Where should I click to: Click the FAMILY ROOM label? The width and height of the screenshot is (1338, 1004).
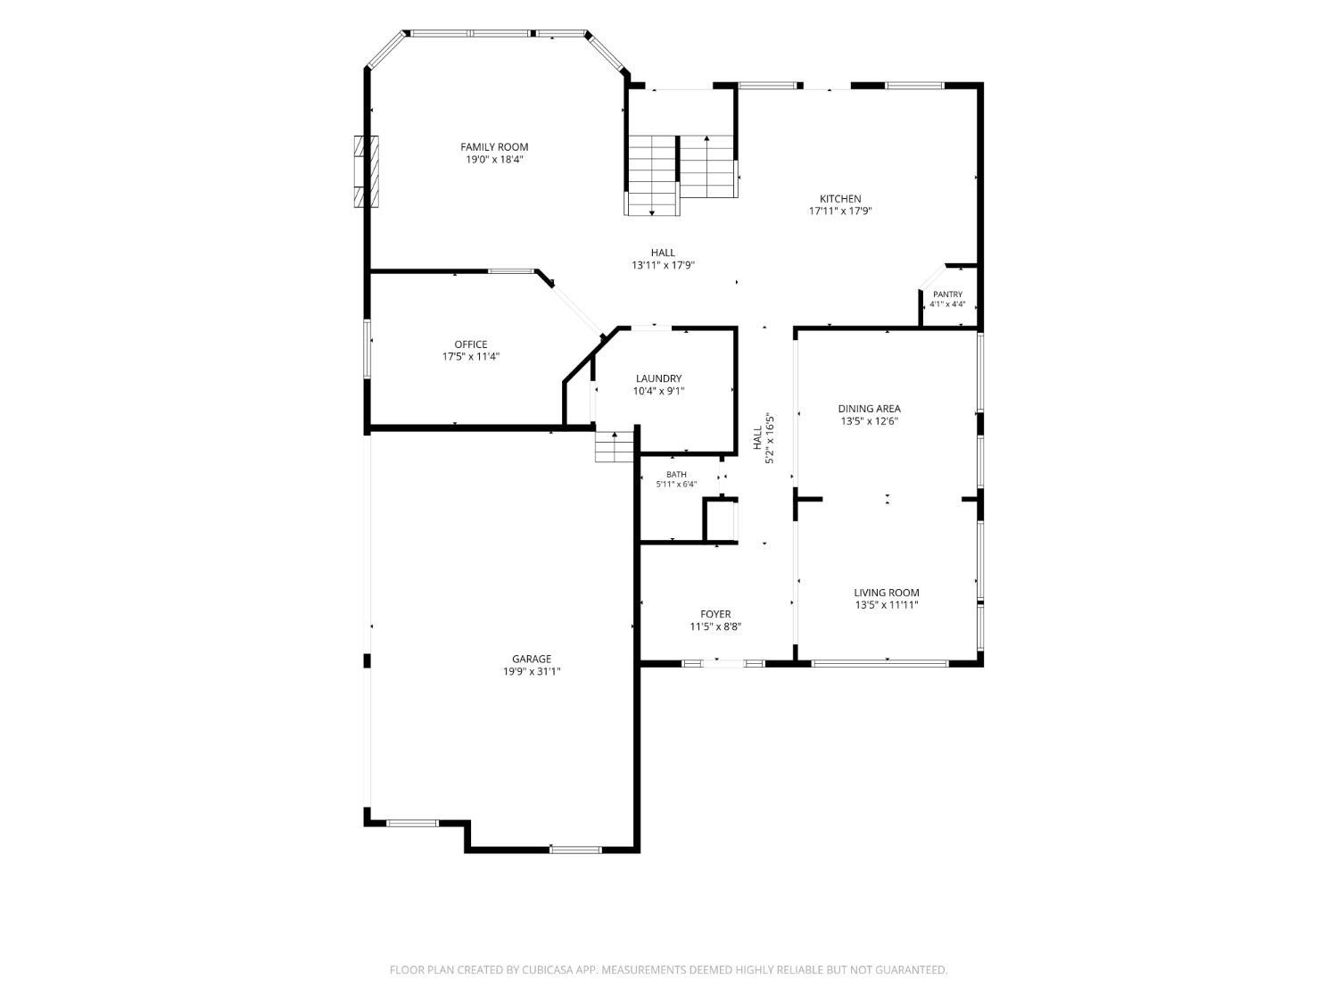point(494,147)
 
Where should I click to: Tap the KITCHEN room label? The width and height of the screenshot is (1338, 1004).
point(840,199)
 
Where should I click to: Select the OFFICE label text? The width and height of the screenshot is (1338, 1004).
point(471,344)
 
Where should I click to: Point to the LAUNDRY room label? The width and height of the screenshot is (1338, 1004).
point(658,378)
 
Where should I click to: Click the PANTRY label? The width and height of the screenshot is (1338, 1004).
point(947,295)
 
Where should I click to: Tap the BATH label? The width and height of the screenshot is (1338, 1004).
point(676,474)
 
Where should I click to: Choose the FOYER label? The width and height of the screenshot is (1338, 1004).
point(715,614)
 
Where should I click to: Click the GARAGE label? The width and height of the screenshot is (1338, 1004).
point(532,659)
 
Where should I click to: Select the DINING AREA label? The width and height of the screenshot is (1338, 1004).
point(869,409)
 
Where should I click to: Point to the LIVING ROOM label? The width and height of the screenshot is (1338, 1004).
point(887,592)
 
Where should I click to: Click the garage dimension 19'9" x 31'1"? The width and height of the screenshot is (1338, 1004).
point(532,671)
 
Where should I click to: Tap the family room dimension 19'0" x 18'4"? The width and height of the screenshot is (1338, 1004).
point(494,160)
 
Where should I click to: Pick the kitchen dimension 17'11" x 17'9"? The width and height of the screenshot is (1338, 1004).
point(840,212)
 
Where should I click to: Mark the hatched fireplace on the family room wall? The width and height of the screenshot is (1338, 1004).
point(366,171)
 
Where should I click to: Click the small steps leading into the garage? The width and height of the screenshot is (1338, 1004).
point(615,447)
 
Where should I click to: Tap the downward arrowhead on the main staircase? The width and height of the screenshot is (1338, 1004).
point(652,212)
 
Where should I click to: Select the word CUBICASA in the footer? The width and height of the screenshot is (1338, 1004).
point(547,969)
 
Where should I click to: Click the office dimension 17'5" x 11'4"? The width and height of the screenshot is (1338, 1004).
point(471,357)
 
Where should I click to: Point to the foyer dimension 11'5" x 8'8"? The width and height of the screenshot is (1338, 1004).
point(715,626)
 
